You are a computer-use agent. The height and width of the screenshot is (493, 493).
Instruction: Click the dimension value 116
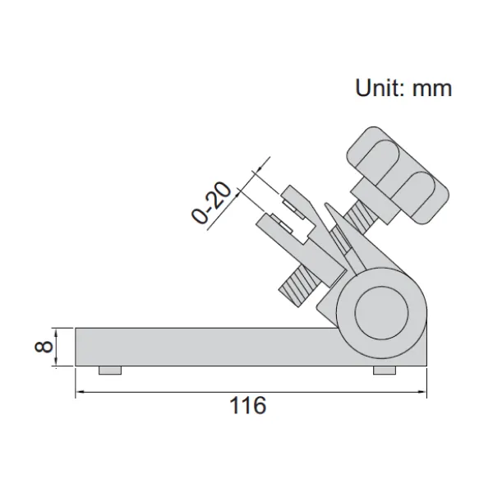(248, 405)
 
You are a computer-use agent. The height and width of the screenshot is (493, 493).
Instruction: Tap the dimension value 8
(44, 347)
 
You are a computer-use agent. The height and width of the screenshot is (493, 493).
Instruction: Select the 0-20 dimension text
(211, 202)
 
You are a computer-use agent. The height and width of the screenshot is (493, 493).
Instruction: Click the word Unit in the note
(376, 88)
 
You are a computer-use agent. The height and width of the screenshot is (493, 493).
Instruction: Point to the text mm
(432, 89)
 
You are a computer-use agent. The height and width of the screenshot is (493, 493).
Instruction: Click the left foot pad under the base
(110, 370)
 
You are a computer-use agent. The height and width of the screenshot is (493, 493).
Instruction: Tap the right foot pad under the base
(385, 370)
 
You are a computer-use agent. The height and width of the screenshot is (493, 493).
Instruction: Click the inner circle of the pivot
(381, 313)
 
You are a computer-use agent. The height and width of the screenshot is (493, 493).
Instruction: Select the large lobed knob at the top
(398, 174)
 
